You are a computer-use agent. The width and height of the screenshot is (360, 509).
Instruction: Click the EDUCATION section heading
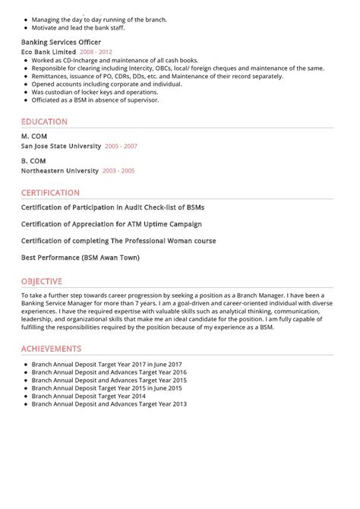pos(44,122)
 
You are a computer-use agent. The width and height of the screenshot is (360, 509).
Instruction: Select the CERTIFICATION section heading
pos(50,193)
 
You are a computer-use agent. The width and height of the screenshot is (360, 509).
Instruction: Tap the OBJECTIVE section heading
pos(42,280)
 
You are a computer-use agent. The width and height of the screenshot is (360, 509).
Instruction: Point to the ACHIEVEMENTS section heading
pos(51,349)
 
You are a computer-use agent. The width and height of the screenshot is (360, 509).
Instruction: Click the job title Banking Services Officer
pos(61,43)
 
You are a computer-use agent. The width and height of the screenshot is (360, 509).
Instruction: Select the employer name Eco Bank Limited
pos(48,52)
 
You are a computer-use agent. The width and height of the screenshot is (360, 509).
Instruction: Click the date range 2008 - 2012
pos(96,52)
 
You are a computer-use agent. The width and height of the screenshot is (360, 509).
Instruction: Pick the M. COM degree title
pos(33,137)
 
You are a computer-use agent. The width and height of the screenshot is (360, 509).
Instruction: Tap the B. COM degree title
pos(33,161)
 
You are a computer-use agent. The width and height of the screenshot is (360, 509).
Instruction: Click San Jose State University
pos(61,146)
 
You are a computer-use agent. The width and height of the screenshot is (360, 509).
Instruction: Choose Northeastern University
pos(60,171)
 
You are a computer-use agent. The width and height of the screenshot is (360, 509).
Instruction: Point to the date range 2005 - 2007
pos(121,146)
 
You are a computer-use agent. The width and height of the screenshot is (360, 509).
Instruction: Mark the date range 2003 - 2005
pos(118,171)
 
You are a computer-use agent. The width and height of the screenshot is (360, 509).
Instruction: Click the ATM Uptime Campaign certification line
pos(111,224)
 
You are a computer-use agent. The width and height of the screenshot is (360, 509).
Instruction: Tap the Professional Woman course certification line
pos(118,241)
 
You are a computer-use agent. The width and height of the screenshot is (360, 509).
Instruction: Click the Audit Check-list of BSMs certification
pos(112,207)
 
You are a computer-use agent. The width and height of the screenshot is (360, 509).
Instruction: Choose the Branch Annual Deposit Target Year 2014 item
pos(88,396)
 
